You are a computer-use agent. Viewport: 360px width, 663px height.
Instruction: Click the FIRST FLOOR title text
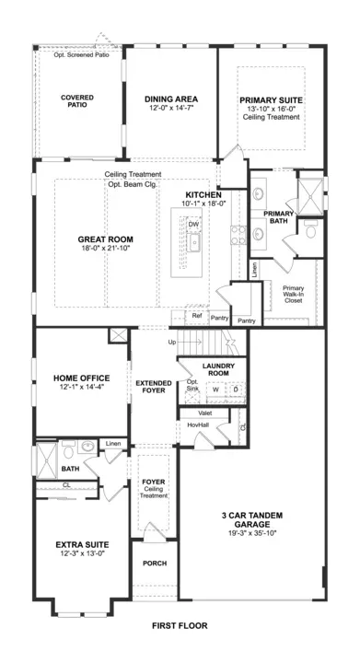tap(180, 625)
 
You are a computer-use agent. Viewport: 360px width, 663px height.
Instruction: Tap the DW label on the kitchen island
tap(193, 224)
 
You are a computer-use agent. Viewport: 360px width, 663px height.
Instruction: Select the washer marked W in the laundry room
tap(215, 389)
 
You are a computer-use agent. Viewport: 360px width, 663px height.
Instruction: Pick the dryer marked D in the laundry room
tap(236, 389)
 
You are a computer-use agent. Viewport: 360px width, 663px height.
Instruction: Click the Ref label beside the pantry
tap(197, 316)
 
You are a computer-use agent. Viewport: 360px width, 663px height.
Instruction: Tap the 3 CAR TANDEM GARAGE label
tap(252, 519)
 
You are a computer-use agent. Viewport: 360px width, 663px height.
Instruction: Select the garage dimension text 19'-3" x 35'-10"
tap(252, 533)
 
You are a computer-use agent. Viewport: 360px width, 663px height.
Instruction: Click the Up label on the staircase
tap(172, 342)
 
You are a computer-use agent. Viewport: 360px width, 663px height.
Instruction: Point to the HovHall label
tap(198, 425)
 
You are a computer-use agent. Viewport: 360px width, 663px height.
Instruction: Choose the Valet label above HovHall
tap(205, 413)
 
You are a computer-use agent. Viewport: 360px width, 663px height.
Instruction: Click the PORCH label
tap(155, 564)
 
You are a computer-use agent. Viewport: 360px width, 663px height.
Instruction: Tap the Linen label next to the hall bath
tap(113, 444)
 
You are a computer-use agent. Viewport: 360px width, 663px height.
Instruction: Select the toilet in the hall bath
tap(68, 450)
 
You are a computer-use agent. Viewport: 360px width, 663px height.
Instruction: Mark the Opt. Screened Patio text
tap(82, 55)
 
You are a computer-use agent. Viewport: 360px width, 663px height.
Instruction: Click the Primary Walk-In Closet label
tap(293, 295)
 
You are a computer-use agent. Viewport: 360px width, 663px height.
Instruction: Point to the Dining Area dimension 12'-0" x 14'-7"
tap(171, 109)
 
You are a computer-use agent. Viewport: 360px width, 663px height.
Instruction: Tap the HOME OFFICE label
tap(82, 378)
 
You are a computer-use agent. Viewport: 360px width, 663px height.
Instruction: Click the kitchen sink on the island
tap(195, 242)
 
